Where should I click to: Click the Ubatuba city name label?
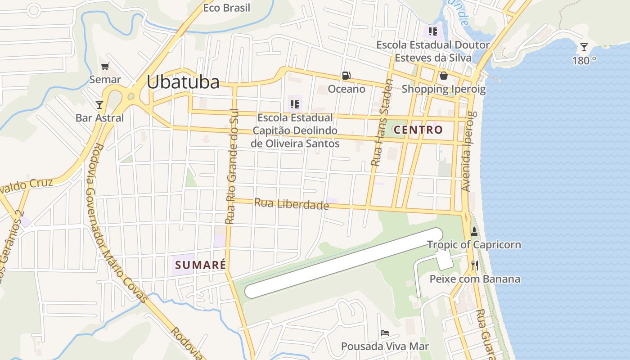click(183, 82)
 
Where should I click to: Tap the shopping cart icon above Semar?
click(105, 67)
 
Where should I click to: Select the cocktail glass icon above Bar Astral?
click(99, 105)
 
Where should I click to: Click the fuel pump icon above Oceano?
click(346, 76)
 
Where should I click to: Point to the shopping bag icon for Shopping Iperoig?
click(444, 76)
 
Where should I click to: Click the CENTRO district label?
click(418, 130)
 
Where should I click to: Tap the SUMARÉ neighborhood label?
click(200, 265)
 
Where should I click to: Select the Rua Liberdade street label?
click(291, 204)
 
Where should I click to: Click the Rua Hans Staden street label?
click(382, 122)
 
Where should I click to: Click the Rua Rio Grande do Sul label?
click(232, 166)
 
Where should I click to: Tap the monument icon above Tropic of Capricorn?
click(474, 232)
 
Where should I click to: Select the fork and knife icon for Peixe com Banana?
click(474, 265)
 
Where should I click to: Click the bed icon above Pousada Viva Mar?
click(385, 333)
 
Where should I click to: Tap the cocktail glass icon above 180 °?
click(584, 47)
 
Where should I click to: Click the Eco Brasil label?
click(226, 8)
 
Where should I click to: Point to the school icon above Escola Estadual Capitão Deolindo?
click(295, 104)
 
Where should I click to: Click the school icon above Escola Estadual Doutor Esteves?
click(433, 31)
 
